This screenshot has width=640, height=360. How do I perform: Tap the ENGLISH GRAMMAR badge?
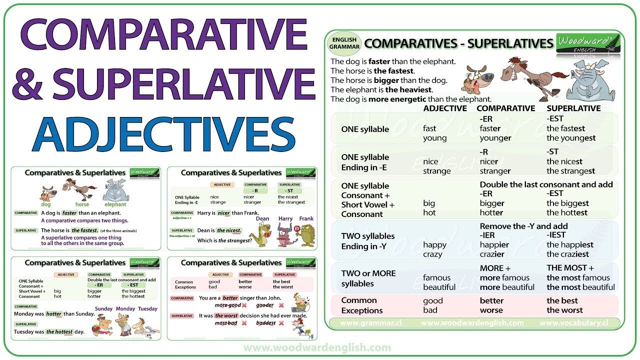point(343,43)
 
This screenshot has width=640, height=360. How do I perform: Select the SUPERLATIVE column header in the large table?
point(573,108)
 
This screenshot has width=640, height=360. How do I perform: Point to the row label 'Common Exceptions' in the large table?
point(359,305)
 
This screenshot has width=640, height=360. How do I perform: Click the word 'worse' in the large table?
point(491,310)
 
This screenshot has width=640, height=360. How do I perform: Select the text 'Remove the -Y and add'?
point(523,226)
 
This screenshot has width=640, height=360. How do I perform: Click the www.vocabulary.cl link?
point(576,323)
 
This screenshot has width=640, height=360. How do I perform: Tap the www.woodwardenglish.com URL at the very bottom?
point(317,347)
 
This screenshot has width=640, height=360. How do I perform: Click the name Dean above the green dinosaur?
point(262,218)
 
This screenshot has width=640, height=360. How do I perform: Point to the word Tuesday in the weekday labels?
point(147,308)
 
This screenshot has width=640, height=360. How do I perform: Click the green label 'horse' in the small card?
point(82,204)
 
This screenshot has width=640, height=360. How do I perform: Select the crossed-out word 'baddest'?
point(265,323)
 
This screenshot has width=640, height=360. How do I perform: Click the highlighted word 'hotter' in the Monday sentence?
point(53,314)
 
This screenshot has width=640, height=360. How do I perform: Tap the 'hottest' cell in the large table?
point(568,212)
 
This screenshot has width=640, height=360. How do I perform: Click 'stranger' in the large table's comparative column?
point(495,171)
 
